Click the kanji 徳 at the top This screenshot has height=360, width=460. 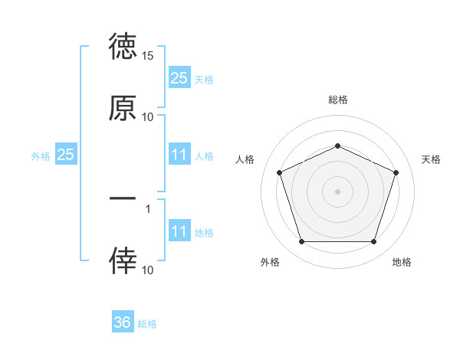123,47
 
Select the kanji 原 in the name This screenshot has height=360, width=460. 123,108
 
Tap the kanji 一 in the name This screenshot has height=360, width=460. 123,198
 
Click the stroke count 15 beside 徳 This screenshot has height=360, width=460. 148,56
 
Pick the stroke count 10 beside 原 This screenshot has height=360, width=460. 148,117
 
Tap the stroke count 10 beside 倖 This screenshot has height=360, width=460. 148,270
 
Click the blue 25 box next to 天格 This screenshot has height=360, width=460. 179,77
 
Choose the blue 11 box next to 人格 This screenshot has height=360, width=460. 179,155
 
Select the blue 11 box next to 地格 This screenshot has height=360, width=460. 179,231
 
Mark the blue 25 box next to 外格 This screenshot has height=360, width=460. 66,155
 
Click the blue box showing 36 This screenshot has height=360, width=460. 123,322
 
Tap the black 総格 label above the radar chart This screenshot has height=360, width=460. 337,100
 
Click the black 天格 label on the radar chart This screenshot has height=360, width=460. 431,159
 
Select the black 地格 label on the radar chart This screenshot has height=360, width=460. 402,262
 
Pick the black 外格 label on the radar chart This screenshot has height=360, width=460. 270,262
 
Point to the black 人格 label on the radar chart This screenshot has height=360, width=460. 245,159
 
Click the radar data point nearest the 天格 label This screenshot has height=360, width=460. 396,172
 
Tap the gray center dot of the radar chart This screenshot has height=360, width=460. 337,191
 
